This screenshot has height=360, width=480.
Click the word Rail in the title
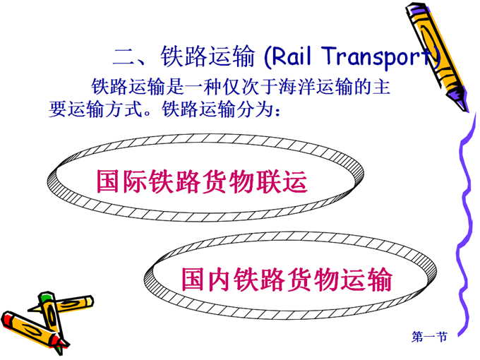(291, 56)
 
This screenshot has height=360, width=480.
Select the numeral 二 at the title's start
(124, 57)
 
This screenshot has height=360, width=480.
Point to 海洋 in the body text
(297, 87)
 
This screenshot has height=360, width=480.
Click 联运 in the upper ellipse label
(282, 182)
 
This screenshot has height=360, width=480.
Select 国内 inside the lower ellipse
(207, 280)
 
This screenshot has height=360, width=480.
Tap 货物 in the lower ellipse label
(313, 279)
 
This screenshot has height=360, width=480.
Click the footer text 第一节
(429, 337)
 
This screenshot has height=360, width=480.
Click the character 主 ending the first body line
(380, 87)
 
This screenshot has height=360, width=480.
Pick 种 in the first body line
(212, 87)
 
